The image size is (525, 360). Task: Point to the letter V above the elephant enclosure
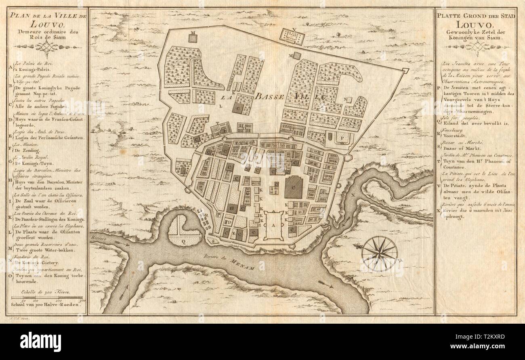pos(294,29)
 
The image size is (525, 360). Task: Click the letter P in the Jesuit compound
pos(342,138)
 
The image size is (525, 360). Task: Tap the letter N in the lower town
pos(345,99)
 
